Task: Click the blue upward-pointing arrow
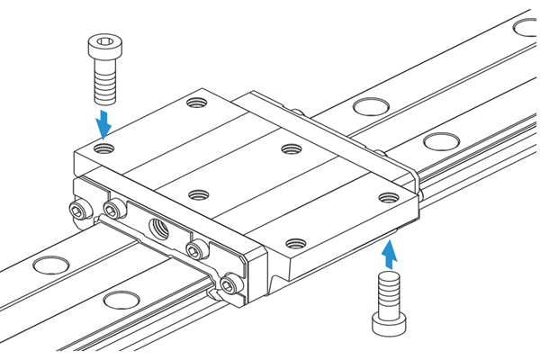[x=388, y=256]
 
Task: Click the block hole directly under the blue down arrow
[x=105, y=146]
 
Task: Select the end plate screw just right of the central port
[x=194, y=250]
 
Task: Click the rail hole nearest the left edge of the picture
[x=43, y=265]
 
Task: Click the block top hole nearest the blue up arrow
[x=388, y=197]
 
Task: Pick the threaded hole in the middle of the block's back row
[x=291, y=149]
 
